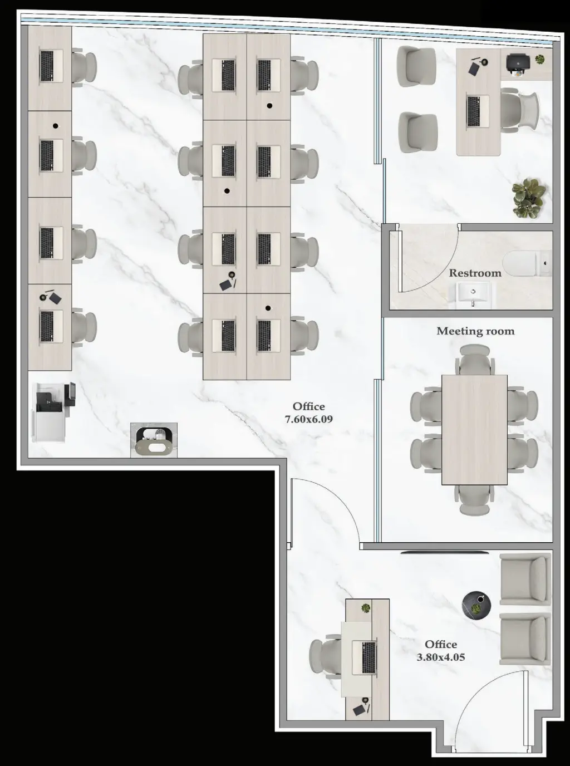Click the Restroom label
(475, 273)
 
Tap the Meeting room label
(475, 331)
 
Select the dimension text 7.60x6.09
(308, 419)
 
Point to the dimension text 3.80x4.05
(440, 657)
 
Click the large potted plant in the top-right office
(528, 198)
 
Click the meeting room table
(474, 429)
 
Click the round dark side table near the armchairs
(476, 605)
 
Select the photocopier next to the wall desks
(53, 412)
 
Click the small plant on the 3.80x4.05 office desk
(366, 608)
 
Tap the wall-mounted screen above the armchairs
(445, 553)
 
